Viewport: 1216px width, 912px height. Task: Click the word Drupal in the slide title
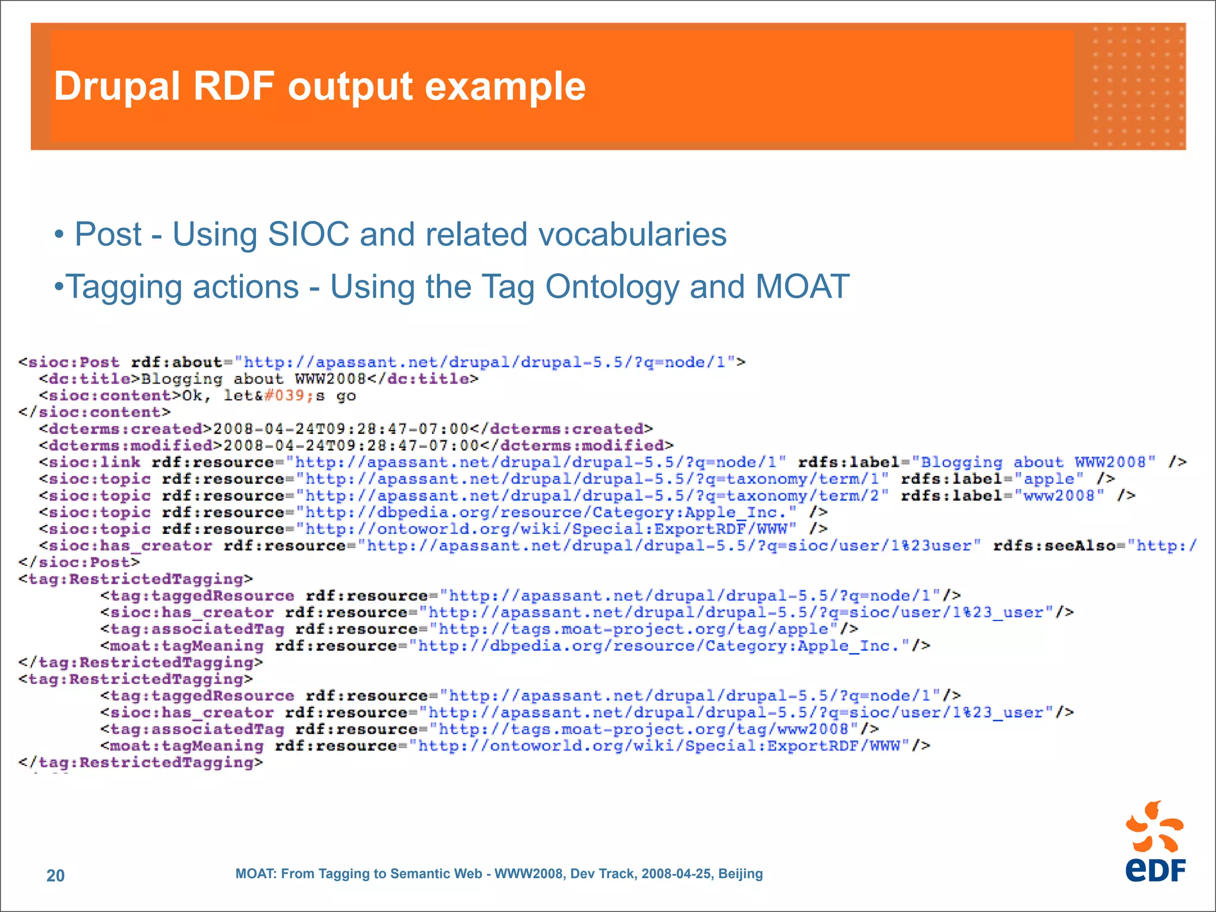pos(116,87)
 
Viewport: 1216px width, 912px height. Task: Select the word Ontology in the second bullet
pos(612,288)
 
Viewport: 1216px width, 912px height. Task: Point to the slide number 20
pos(55,875)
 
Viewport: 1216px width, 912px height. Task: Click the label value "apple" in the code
pos(1049,479)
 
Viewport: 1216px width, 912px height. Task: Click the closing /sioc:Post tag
pos(80,562)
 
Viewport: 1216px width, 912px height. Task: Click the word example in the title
pos(505,87)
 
